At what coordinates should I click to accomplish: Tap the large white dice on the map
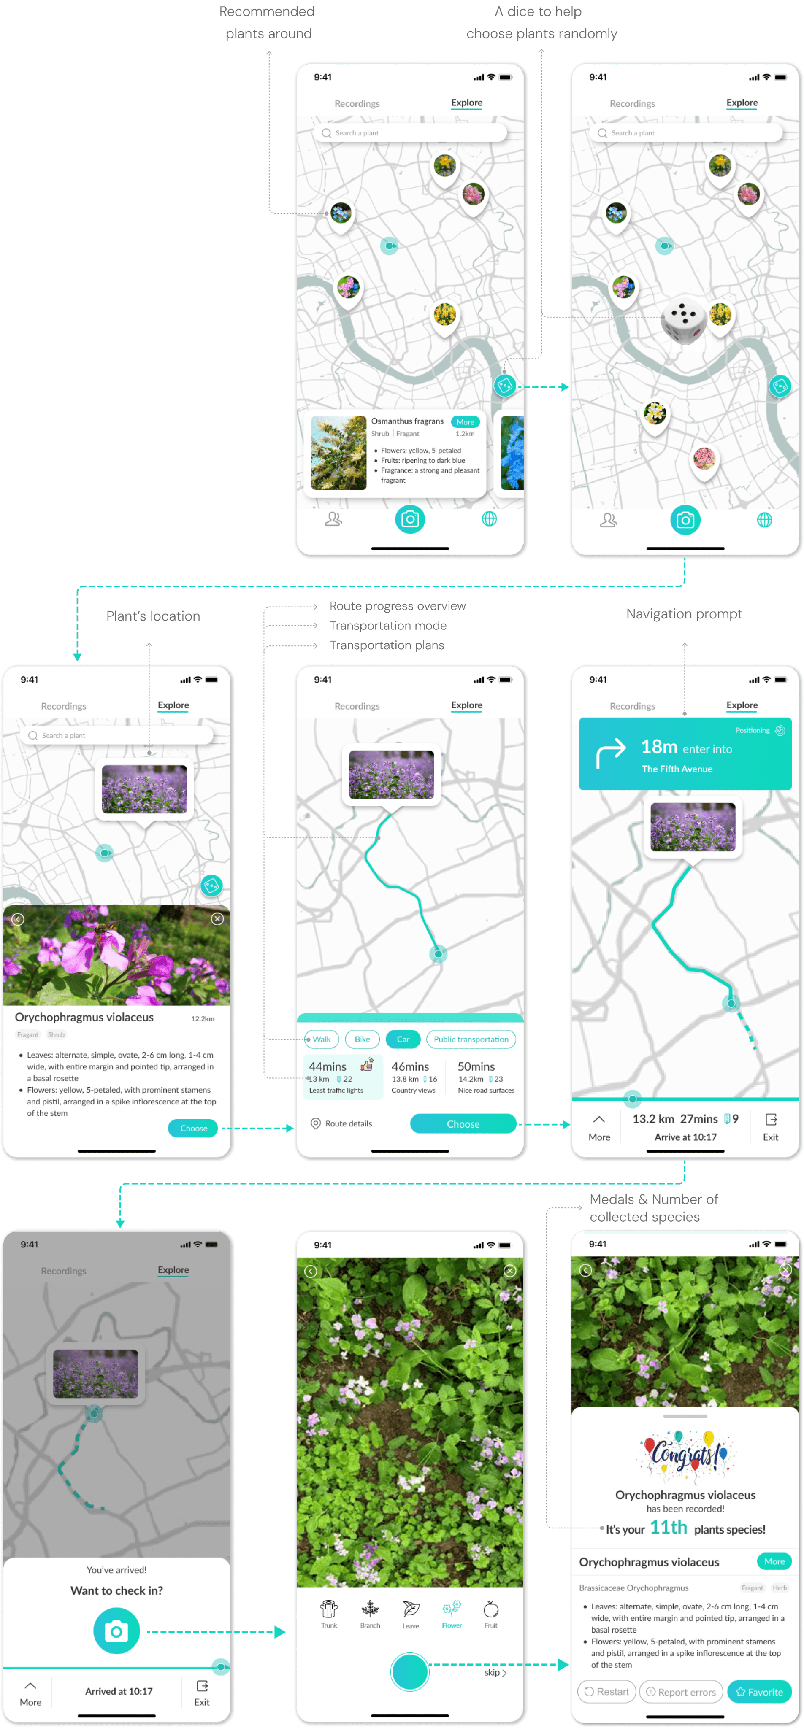pyautogui.click(x=683, y=321)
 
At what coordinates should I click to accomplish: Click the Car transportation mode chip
pyautogui.click(x=403, y=1039)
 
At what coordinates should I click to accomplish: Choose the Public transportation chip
pyautogui.click(x=471, y=1039)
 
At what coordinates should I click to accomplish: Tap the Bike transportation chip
pyautogui.click(x=362, y=1039)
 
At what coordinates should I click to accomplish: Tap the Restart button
pyautogui.click(x=606, y=1692)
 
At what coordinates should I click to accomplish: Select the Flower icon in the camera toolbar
pyautogui.click(x=452, y=1613)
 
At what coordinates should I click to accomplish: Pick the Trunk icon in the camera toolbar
pyautogui.click(x=329, y=1613)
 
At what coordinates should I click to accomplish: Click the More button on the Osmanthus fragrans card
pyautogui.click(x=465, y=422)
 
